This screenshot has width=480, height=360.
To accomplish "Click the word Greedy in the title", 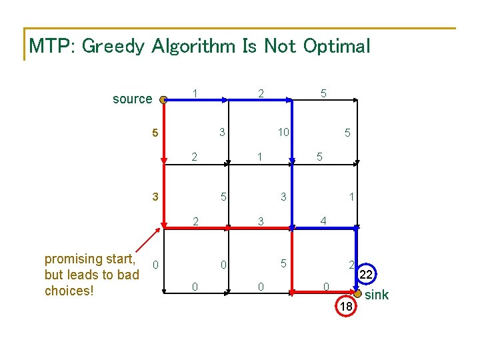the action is (x=113, y=47).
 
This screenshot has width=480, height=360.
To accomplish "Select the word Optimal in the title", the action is (x=337, y=47).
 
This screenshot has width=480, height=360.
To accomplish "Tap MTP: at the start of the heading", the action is (x=52, y=46).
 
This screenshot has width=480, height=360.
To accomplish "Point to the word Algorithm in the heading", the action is (x=193, y=47).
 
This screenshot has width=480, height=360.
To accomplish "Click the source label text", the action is (x=132, y=99).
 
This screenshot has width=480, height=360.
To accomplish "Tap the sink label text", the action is (x=377, y=295).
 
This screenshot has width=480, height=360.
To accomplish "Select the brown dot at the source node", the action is (x=163, y=100).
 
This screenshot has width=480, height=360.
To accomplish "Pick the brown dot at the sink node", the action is (x=357, y=293).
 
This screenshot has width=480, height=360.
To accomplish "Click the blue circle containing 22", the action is (x=366, y=263).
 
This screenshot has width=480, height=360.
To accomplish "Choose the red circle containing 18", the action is (x=346, y=295).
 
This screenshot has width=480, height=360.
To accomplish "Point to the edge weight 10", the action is (x=283, y=132).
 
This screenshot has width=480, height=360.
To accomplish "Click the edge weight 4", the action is (x=323, y=221).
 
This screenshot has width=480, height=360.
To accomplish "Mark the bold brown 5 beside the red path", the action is (x=155, y=133).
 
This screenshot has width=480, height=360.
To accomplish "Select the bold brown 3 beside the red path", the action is (x=155, y=196).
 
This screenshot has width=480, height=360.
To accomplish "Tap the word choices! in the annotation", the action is (x=69, y=291).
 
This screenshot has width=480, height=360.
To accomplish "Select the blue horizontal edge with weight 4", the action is (x=325, y=228).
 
